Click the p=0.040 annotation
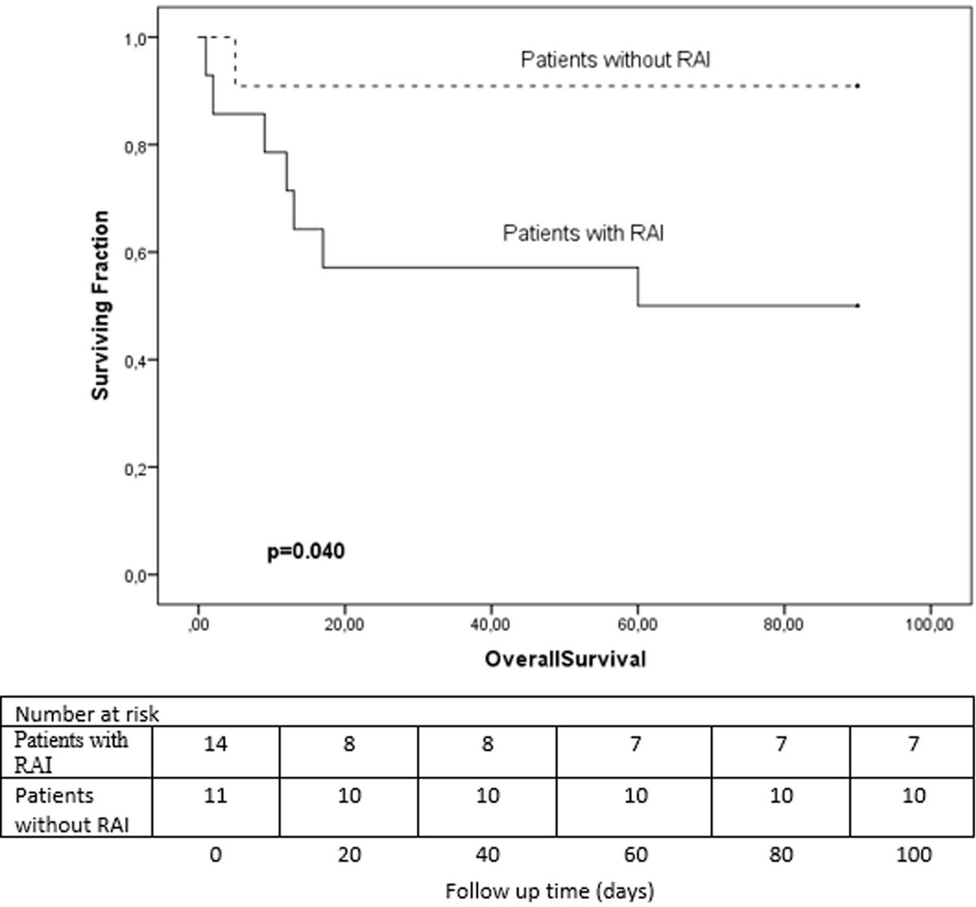tap(306, 552)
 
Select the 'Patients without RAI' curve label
tap(616, 59)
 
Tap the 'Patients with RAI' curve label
tap(583, 233)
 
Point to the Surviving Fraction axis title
tap(100, 305)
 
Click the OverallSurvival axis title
tap(565, 659)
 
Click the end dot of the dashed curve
tap(858, 85)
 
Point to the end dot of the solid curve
tap(858, 305)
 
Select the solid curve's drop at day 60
tap(638, 286)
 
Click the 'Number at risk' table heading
tap(87, 714)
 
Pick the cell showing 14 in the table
tap(216, 744)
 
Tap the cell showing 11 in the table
tap(216, 795)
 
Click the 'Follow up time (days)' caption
tap(550, 892)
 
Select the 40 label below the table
tap(487, 855)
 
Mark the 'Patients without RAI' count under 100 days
tap(914, 795)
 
